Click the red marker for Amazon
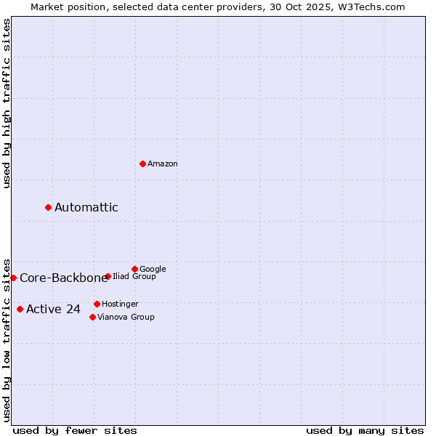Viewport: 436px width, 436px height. pyautogui.click(x=142, y=163)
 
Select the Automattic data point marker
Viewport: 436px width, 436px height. pyautogui.click(x=48, y=207)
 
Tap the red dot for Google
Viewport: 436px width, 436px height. pyautogui.click(x=134, y=269)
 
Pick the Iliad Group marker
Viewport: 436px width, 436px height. pyautogui.click(x=108, y=276)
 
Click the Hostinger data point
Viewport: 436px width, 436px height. pyautogui.click(x=97, y=304)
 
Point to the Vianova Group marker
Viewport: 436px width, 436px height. pyautogui.click(x=92, y=317)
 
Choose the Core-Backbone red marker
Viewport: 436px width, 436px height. pyautogui.click(x=13, y=278)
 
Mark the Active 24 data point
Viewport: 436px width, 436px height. pyautogui.click(x=20, y=309)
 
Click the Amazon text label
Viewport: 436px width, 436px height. pyautogui.click(x=163, y=164)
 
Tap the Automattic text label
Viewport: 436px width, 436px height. pyautogui.click(x=86, y=208)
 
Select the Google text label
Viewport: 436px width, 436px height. pyautogui.click(x=153, y=270)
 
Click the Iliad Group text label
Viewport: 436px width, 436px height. pyautogui.click(x=134, y=277)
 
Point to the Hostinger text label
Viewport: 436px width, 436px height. pyautogui.click(x=120, y=304)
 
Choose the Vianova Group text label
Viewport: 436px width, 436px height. pyautogui.click(x=126, y=318)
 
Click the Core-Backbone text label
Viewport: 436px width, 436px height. pyautogui.click(x=64, y=278)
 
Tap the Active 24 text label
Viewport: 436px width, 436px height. pyautogui.click(x=54, y=310)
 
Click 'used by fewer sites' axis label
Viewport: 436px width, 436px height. pyautogui.click(x=75, y=430)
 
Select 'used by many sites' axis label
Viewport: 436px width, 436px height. pyautogui.click(x=365, y=430)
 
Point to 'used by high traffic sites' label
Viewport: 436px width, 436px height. pyautogui.click(x=7, y=103)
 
